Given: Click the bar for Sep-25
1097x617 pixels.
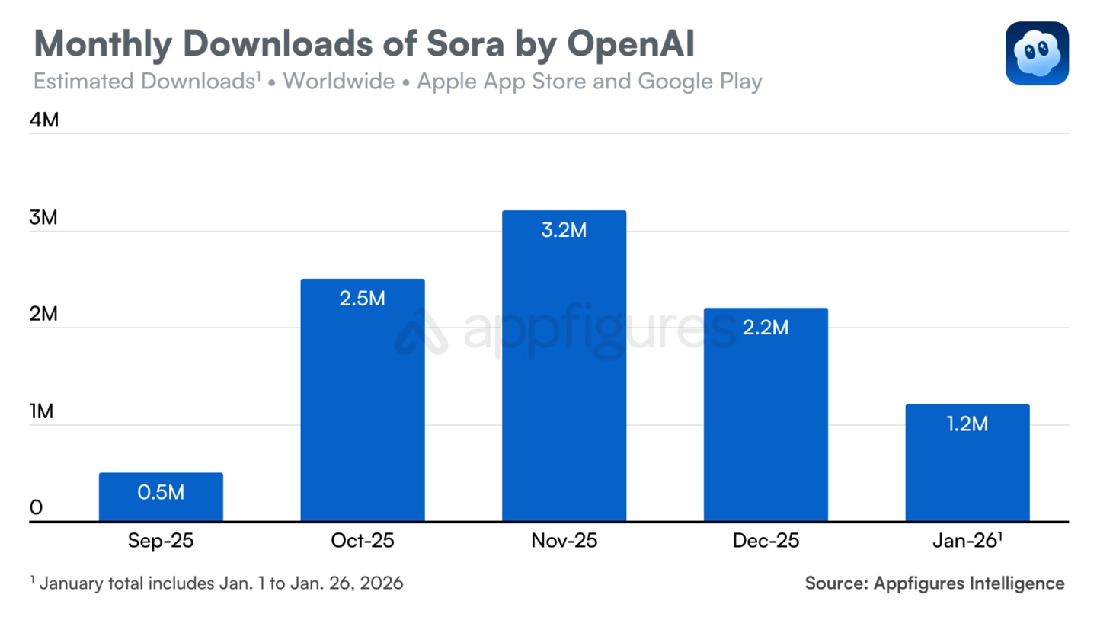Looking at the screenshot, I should pos(161,497).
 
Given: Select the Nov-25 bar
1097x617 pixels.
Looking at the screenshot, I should pos(564,366).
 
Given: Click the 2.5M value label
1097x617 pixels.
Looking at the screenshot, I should pos(363,299).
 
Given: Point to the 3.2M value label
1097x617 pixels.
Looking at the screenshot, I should pos(564,230).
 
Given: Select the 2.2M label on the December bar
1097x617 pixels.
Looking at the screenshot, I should pos(766,328).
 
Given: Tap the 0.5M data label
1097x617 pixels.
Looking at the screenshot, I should pos(161,492).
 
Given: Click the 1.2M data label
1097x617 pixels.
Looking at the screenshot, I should pos(967,424).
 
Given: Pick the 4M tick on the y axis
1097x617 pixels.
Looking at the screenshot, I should pos(43,121).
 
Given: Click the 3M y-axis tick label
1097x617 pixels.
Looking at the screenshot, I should pos(43,218).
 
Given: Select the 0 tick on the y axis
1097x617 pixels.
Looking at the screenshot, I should pos(36,508).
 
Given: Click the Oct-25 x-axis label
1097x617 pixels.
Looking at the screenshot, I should pos(363,541).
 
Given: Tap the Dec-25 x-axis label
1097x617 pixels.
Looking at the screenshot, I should pos(766,541).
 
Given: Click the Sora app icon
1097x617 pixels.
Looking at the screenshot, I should pos(1037,53).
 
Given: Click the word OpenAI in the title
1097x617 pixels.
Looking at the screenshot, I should pos(631,45).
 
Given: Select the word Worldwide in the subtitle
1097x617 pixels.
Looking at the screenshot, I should pos(339,82).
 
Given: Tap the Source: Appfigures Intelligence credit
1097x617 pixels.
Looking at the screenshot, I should pos(935,583).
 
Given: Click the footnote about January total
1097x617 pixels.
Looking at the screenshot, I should pos(217,583).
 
